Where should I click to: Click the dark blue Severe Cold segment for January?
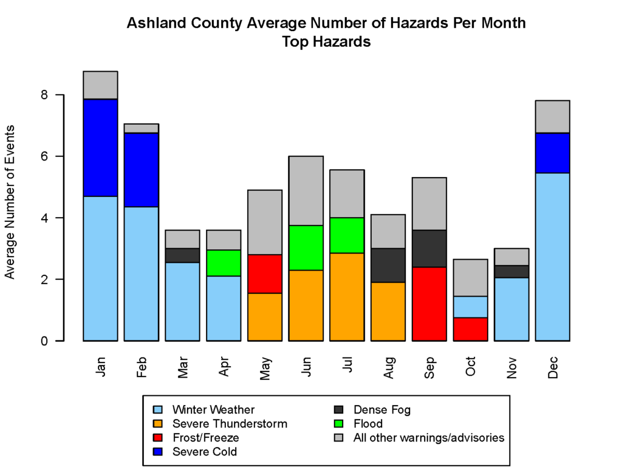(100, 147)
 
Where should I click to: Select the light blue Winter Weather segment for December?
(552, 257)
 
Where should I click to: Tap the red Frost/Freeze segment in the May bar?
(265, 274)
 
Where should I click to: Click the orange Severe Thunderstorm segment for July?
(347, 297)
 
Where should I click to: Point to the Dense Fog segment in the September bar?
(429, 248)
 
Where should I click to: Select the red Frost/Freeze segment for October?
(471, 329)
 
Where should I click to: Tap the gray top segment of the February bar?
(142, 128)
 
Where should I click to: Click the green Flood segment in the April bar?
(224, 263)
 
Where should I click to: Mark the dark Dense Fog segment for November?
(511, 271)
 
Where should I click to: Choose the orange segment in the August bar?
(388, 311)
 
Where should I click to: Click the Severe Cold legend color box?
(158, 452)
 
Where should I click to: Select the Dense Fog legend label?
(382, 410)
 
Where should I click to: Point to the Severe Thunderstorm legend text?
(230, 424)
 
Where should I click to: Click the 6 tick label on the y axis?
(44, 156)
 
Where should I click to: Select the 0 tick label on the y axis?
(44, 341)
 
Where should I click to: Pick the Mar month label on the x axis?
(183, 367)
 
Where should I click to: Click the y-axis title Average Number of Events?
(10, 202)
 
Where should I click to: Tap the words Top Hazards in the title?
(326, 42)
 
